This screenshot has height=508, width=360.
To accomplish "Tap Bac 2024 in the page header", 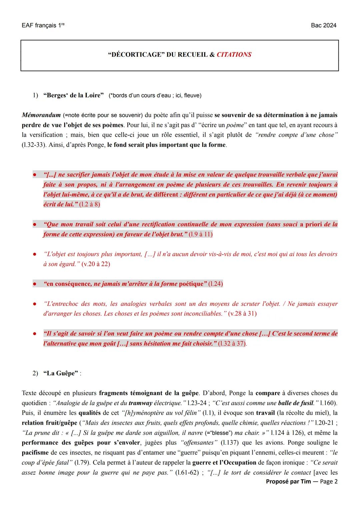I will coord(323,26).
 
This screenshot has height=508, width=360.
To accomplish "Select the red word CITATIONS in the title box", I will coord(234,55).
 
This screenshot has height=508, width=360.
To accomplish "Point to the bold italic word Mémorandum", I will coord(41,115).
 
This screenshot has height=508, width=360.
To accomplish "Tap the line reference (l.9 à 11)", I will coord(200,234).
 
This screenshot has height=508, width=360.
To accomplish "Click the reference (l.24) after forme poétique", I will coord(215,284).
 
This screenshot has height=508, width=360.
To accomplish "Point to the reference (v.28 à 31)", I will coord(242,314).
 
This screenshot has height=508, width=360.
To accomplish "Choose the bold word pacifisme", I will coord(36,453).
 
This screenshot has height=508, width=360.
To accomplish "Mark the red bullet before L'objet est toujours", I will coord(34,254).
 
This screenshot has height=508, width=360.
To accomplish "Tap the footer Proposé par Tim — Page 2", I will coord(302,482).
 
